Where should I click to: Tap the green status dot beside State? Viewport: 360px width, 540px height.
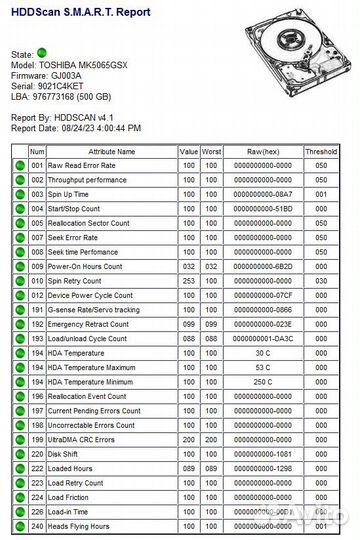[x=41, y=51]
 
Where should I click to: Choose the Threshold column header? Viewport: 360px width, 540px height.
[x=321, y=151]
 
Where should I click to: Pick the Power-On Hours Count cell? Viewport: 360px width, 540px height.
[x=86, y=267]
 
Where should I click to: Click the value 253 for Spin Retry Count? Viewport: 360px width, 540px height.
[x=188, y=281]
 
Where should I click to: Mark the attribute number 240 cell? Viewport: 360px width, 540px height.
[x=37, y=527]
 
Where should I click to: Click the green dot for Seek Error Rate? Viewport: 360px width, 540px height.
[x=19, y=238]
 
